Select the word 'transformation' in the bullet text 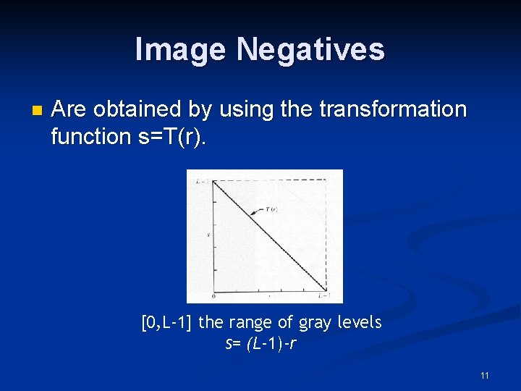coord(394,109)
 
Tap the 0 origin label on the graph coord(213,296)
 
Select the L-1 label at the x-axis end coord(323,296)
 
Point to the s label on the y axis coord(208,235)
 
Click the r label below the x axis coord(270,296)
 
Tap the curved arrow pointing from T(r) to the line coord(257,211)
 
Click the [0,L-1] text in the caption coord(167,322)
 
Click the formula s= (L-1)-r coord(260,343)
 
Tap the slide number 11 coord(484,375)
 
